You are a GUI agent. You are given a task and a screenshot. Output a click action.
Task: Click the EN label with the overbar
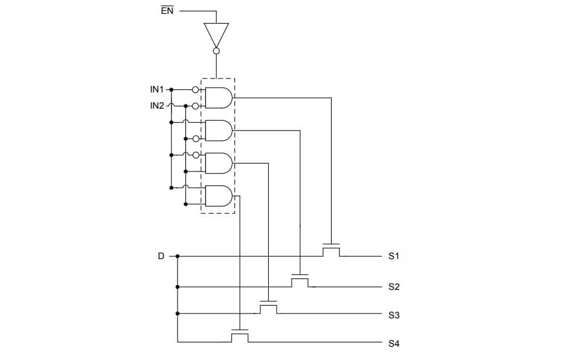pos(167,11)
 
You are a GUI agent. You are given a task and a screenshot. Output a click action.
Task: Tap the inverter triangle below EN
pos(216,34)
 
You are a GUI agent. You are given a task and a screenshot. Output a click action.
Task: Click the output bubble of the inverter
pos(216,51)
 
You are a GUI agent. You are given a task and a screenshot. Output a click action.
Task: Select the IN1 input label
pos(157,89)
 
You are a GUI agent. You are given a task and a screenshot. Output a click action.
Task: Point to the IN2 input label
pos(157,106)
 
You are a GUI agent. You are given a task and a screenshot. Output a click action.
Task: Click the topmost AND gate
pos(219,97)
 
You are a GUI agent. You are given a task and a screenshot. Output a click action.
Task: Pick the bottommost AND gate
pos(219,196)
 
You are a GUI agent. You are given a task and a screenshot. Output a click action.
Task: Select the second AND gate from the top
pos(219,130)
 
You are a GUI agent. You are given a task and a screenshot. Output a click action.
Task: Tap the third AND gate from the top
pos(219,163)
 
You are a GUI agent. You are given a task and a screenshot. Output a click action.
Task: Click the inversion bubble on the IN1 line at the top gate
pos(195,89)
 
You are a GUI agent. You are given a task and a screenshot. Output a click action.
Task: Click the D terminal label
pos(161,256)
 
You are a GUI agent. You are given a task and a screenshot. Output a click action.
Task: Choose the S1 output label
pos(394,256)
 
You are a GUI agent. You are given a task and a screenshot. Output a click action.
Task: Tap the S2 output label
pos(394,287)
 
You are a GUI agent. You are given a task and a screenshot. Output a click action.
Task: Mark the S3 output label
pos(394,315)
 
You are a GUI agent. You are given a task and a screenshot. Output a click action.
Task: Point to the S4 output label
pos(394,344)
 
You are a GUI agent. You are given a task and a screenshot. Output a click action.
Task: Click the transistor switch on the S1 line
pos(331,249)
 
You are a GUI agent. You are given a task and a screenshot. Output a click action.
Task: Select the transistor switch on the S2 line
pos(300,280)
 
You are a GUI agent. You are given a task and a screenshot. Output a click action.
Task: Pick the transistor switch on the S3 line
pos(268,307)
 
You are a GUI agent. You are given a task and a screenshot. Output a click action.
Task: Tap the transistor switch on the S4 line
pos(240,336)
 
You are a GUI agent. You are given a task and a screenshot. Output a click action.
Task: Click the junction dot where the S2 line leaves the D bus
pos(178,286)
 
